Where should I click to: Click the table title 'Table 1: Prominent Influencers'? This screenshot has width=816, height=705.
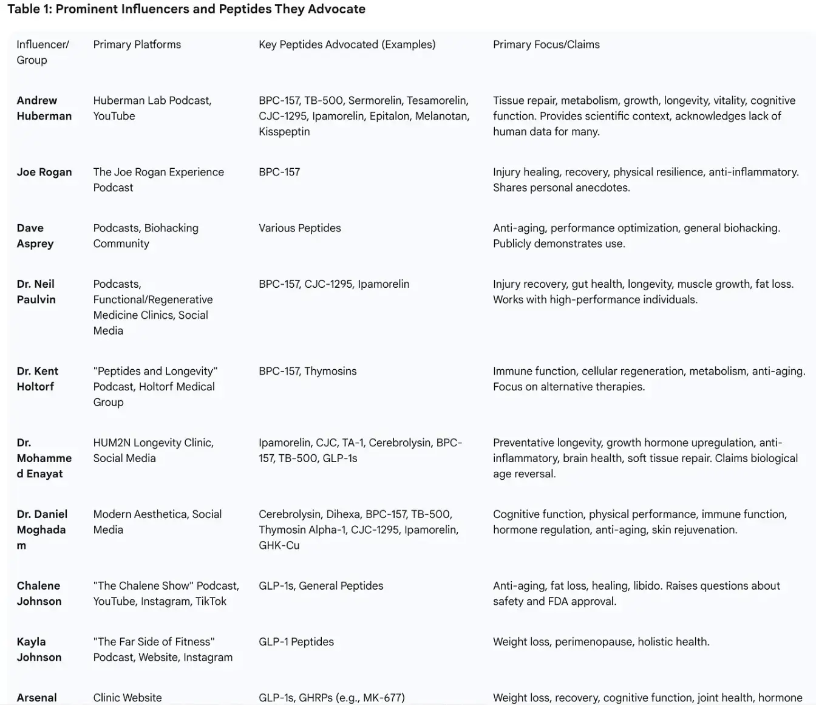[x=186, y=9]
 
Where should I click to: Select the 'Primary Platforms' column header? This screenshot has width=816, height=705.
[x=137, y=44]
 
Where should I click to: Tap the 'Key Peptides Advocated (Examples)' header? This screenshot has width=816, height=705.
[x=347, y=44]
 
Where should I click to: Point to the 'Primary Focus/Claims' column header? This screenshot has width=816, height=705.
[x=546, y=44]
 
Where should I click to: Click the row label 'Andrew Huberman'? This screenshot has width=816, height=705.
[x=44, y=108]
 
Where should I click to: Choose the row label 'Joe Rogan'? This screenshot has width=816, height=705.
[x=44, y=172]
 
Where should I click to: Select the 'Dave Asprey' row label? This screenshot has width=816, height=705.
[x=35, y=236]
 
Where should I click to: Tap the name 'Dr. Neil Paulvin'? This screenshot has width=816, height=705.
[x=36, y=291]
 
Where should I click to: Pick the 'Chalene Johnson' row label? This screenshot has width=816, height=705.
[x=39, y=593]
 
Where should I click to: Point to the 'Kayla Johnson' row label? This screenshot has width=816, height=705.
[x=39, y=649]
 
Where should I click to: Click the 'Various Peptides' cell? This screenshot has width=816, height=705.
[x=299, y=228]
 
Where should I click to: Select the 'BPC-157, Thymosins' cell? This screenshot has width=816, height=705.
[x=307, y=371]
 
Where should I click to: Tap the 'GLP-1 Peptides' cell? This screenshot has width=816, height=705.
[x=296, y=641]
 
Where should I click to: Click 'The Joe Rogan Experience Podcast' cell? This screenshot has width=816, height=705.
[x=158, y=180]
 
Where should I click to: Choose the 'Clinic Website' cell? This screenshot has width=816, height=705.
[x=127, y=698]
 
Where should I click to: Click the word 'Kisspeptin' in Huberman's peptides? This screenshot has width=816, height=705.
[x=284, y=132]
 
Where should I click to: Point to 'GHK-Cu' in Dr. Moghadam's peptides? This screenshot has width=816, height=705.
[x=279, y=545]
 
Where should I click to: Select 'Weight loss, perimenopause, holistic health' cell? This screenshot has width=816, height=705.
[x=600, y=641]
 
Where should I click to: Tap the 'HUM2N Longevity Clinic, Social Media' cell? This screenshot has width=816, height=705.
[x=153, y=451]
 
